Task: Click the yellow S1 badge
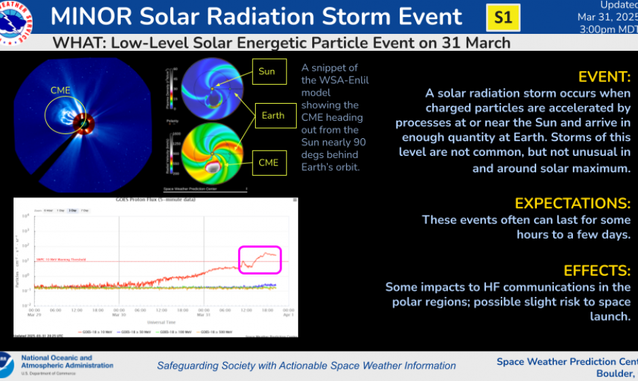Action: tap(503, 18)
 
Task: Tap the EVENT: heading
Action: tap(605, 76)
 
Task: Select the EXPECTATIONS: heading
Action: tap(573, 203)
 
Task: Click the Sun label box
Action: tap(267, 71)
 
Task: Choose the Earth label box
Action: tap(273, 115)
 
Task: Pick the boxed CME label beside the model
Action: tap(269, 162)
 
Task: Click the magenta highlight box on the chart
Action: tap(260, 260)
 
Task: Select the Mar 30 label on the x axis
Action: tap(119, 315)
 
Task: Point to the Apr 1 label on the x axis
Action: tap(287, 315)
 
